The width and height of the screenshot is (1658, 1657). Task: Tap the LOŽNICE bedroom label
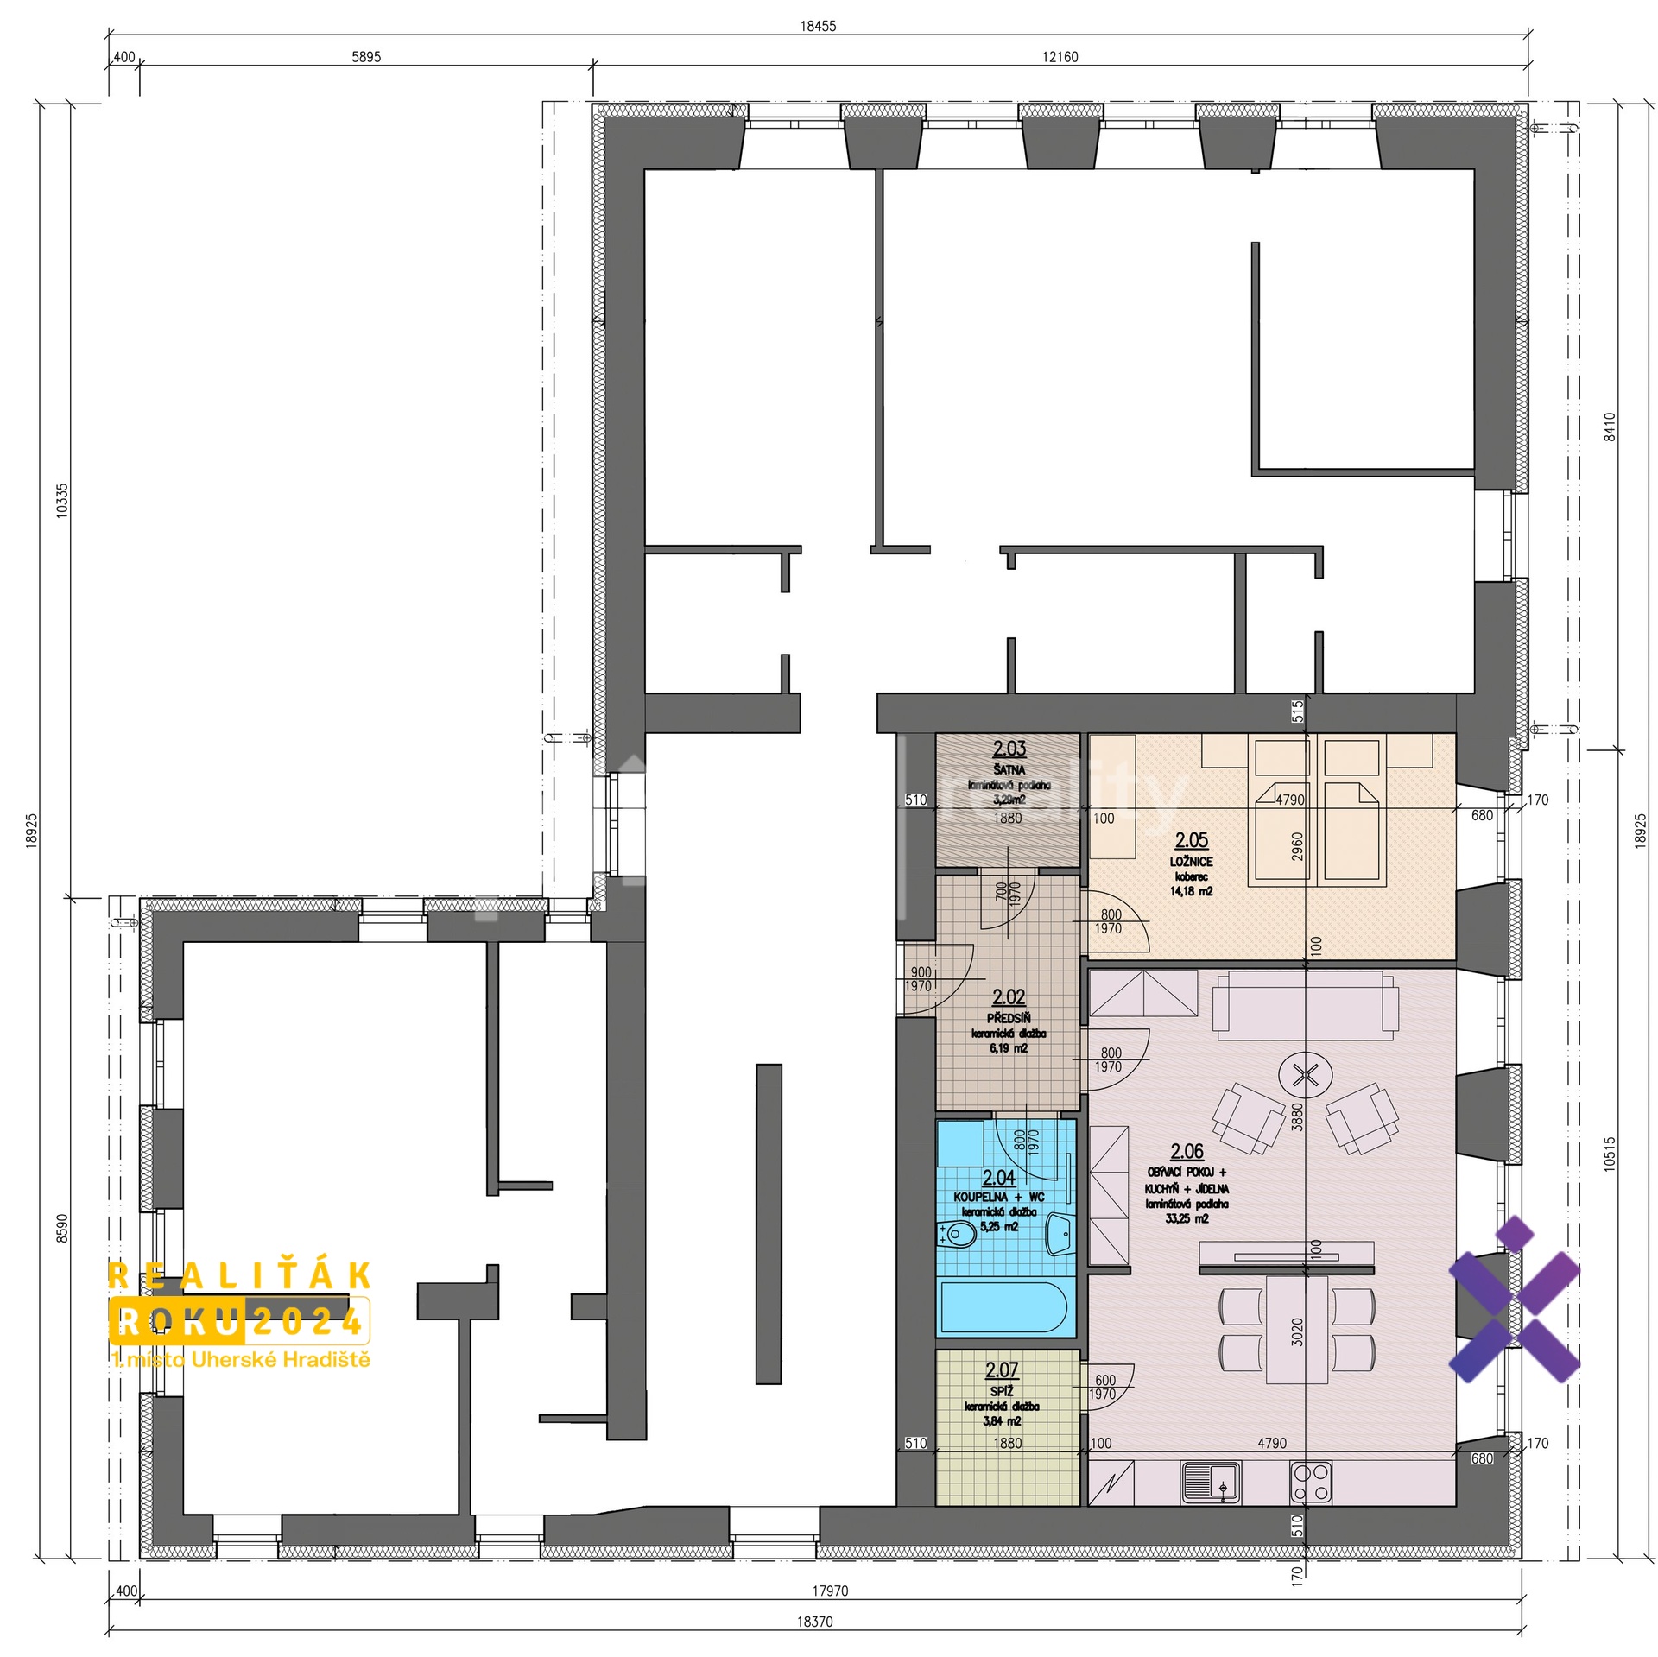tap(1191, 862)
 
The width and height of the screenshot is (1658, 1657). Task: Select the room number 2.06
tap(1187, 1151)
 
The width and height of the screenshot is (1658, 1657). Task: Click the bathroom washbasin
tap(1060, 1234)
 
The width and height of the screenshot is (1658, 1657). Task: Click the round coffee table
tap(1305, 1075)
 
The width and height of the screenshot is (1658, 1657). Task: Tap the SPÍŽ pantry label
tap(1002, 1389)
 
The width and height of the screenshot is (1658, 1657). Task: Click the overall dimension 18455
tap(817, 26)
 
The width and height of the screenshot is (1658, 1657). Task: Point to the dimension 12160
tap(1060, 57)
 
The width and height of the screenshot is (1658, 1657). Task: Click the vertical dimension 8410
tap(1608, 427)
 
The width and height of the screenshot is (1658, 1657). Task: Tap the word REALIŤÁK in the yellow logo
tap(240, 1275)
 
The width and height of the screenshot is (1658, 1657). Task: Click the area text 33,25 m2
tap(1187, 1218)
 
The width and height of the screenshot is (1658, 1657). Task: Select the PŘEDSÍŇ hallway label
tap(1009, 1019)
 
